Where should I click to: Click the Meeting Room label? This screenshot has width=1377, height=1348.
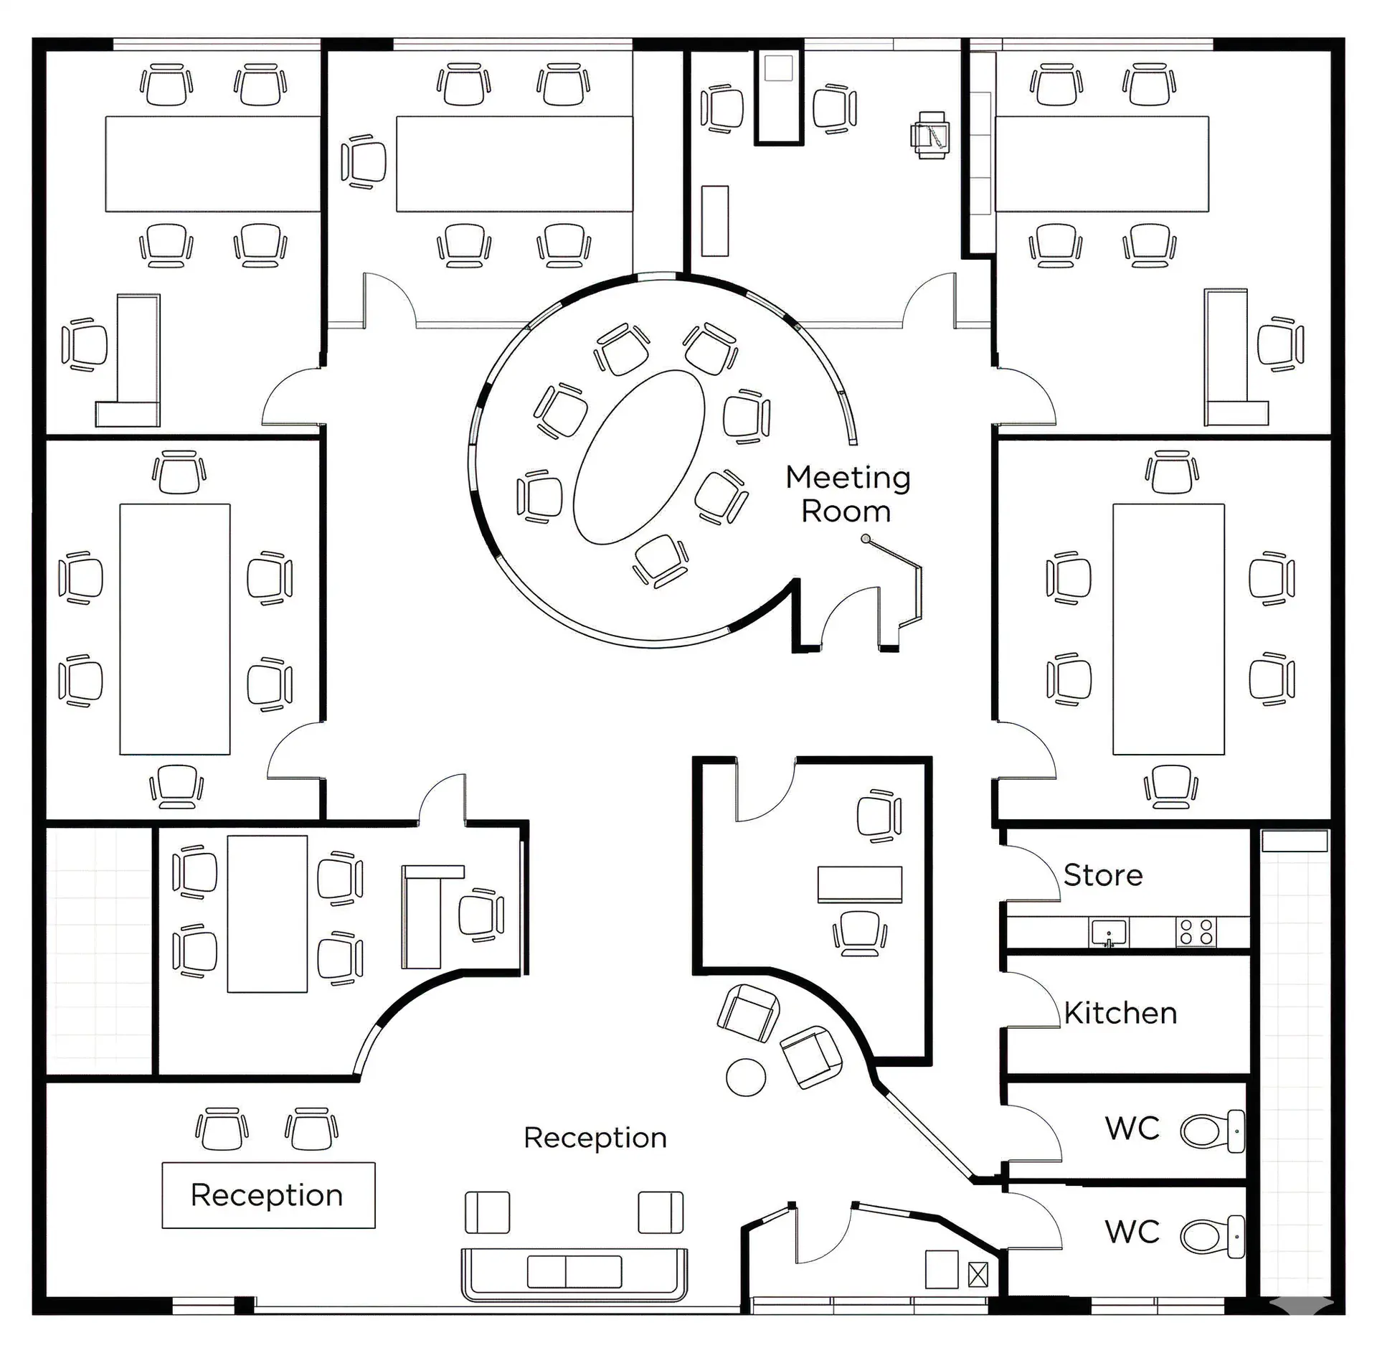847,494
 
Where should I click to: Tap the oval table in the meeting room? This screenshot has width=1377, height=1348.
639,457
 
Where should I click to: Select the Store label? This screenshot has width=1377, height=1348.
1102,875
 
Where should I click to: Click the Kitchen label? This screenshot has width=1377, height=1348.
1120,1013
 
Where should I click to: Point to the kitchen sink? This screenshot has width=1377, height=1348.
1108,933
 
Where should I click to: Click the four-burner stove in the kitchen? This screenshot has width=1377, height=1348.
1196,932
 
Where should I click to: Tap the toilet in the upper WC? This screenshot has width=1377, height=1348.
1211,1131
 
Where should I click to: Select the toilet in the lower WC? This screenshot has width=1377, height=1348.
1211,1235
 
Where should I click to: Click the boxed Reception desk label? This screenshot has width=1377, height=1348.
267,1195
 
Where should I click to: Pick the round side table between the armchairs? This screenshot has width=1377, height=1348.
746,1077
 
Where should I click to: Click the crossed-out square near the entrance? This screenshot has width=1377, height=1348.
978,1275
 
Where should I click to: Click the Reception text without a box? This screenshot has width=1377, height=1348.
595,1138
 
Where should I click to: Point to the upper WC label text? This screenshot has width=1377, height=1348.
1132,1128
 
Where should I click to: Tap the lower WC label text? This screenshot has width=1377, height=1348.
1132,1232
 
